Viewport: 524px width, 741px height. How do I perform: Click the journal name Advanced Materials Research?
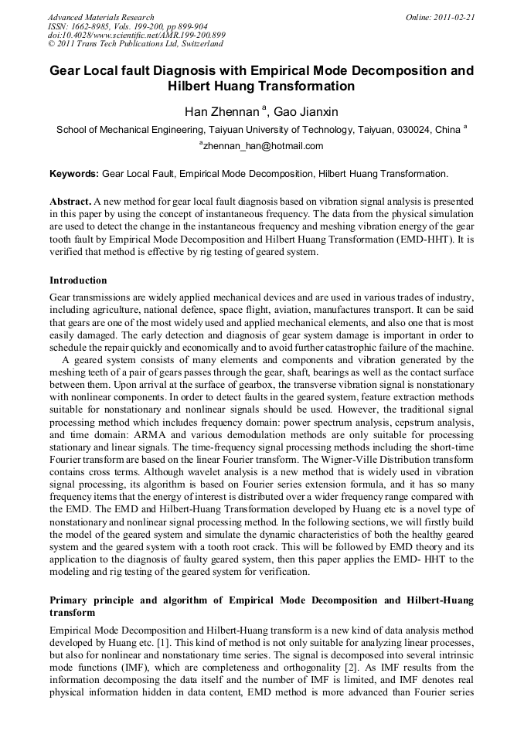click(100, 17)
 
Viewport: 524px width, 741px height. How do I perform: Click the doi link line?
click(136, 36)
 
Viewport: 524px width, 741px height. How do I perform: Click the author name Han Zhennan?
click(221, 112)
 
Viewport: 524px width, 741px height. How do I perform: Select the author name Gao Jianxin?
click(306, 112)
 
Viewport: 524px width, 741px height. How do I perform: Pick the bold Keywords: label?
click(74, 174)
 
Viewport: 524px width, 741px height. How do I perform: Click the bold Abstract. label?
click(71, 201)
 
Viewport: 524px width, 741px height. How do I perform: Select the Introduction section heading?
click(78, 280)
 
